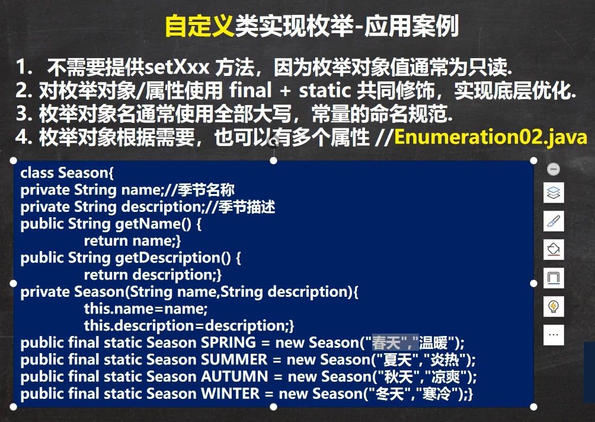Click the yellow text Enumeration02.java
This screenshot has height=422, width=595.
point(491,137)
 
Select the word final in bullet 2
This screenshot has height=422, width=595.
point(251,90)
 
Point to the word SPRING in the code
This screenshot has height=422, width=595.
point(228,342)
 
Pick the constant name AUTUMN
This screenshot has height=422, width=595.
point(235,377)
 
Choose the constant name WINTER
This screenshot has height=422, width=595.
point(230,394)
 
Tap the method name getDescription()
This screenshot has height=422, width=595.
point(173,258)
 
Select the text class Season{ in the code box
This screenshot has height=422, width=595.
point(67,173)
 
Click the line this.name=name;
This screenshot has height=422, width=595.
point(146,309)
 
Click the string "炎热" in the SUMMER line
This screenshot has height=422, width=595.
point(444,360)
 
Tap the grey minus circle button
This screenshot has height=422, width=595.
point(554,169)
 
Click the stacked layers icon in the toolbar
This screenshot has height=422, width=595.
point(554,192)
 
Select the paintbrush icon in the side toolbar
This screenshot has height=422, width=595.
point(554,221)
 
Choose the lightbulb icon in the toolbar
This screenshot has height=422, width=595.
point(554,306)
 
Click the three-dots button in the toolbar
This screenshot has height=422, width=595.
point(554,335)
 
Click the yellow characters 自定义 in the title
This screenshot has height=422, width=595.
point(200,26)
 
